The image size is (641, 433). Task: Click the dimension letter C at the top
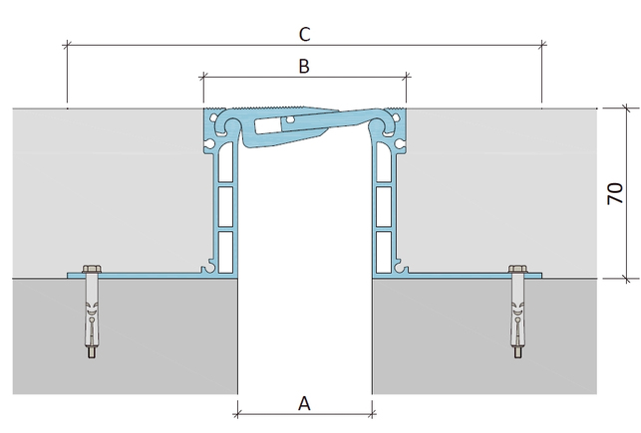[x=305, y=34]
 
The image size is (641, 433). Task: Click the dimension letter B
[x=304, y=66]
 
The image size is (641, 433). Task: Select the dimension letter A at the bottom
[x=304, y=403]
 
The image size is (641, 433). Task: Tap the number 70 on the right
[x=615, y=193]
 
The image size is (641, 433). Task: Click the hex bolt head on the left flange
[x=92, y=269]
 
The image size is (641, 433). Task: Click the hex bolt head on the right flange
[x=518, y=269]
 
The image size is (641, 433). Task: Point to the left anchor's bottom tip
[x=92, y=358]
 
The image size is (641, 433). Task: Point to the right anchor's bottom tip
[x=518, y=358]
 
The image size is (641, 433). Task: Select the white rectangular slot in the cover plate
[x=268, y=125]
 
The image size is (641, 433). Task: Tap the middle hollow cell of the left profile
[x=225, y=206]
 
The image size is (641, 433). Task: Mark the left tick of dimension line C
[x=68, y=44]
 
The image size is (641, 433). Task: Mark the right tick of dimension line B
[x=407, y=76]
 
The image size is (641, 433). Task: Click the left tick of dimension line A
[x=237, y=415]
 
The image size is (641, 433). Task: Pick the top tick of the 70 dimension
[x=626, y=108]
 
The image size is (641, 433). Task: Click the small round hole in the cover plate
[x=290, y=120]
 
